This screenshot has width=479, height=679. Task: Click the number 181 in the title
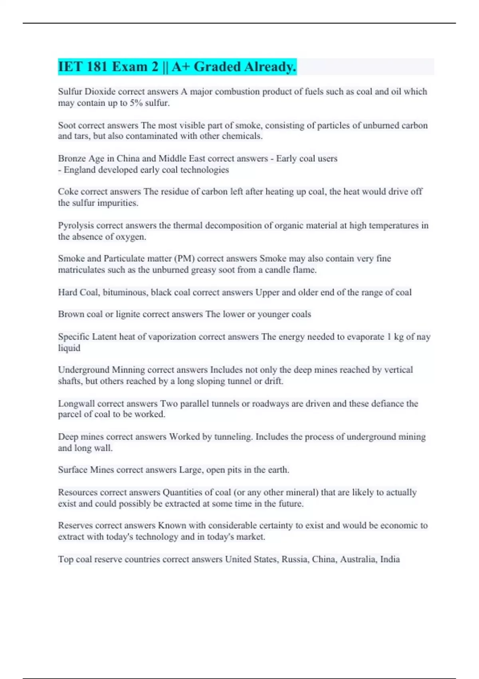tap(96, 67)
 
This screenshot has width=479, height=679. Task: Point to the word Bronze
tap(71, 159)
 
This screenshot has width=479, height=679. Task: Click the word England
tap(79, 170)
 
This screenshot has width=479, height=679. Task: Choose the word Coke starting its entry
tap(68, 192)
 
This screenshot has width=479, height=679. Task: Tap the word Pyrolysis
tap(76, 226)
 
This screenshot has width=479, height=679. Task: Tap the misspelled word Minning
tap(128, 370)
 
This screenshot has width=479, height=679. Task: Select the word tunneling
tap(233, 437)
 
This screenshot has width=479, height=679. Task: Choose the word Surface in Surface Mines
tap(73, 470)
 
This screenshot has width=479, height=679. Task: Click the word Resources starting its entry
tap(77, 492)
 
